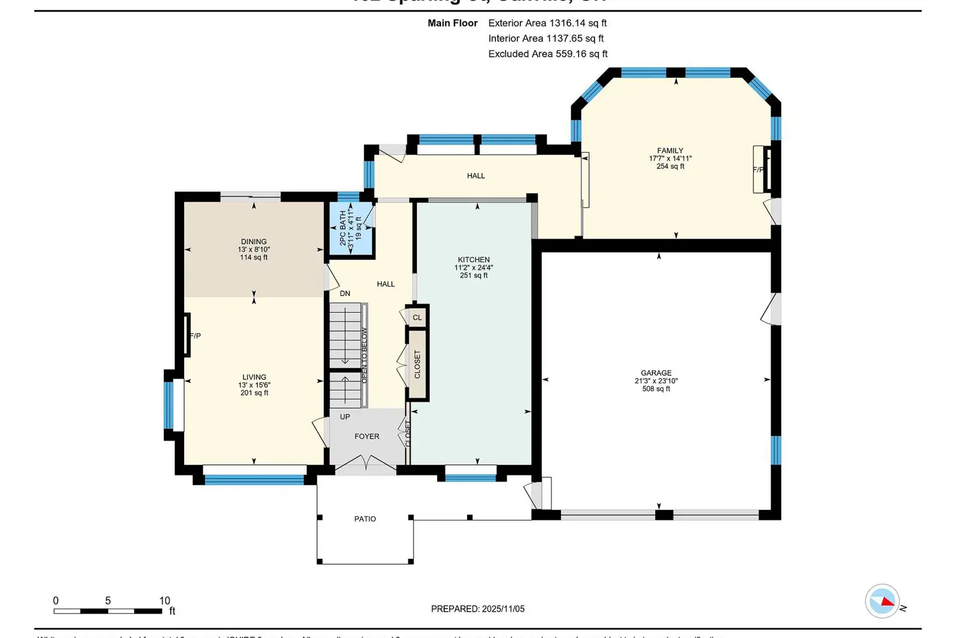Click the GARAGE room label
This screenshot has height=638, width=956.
coord(656,373)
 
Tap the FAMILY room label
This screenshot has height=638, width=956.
coord(670,151)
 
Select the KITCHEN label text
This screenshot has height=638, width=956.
coord(474,260)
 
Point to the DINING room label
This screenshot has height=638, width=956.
coord(254,242)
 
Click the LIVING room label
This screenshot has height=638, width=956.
coord(254,377)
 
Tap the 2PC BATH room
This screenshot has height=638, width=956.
coord(350,228)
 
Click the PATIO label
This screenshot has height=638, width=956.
coord(365,519)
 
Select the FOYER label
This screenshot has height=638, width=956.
coord(366,436)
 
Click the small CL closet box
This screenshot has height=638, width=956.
coord(417,317)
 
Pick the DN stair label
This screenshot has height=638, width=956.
coord(345,293)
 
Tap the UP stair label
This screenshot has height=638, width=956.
coord(345,417)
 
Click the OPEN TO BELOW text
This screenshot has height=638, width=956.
coord(365,355)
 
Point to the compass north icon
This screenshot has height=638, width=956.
coord(883,601)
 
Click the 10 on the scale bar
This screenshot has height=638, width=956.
coord(164,600)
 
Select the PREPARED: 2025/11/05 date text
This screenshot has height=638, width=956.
coord(477,609)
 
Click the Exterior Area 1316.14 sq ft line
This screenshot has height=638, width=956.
coord(547,23)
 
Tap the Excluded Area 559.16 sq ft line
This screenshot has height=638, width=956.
coord(547,54)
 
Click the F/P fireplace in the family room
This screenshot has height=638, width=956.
coord(758,170)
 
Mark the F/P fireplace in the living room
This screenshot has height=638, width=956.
coord(194,336)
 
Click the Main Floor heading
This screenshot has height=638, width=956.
coord(453,23)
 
